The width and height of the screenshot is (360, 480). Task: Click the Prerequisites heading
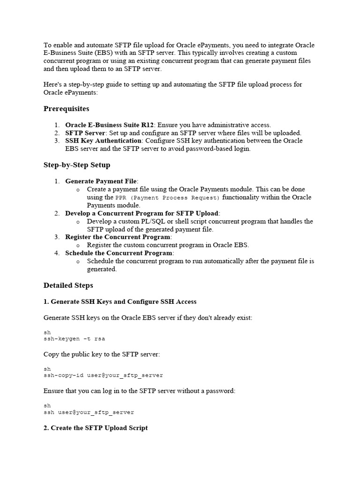(x=66, y=109)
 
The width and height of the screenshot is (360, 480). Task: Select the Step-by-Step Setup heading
(x=77, y=165)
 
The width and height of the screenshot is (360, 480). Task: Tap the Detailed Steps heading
(x=68, y=285)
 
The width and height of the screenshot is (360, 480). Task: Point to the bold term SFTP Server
(x=85, y=133)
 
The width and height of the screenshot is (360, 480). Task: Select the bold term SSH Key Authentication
(x=103, y=141)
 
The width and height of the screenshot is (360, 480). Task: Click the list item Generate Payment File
(x=101, y=181)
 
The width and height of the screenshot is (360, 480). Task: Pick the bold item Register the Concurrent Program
(x=118, y=237)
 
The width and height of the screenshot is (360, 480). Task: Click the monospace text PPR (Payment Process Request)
(x=167, y=197)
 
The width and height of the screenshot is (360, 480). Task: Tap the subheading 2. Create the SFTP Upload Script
(x=96, y=428)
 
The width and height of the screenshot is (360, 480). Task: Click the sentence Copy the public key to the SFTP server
(x=102, y=354)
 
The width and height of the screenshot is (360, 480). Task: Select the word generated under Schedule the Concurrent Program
(x=102, y=269)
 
